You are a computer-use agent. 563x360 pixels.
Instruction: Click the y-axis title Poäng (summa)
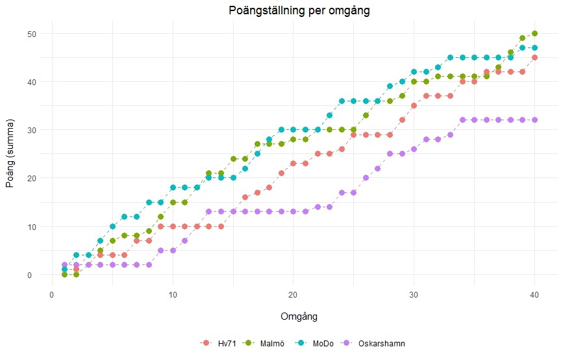tap(10, 154)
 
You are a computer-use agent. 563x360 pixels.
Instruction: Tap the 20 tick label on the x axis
tap(294, 292)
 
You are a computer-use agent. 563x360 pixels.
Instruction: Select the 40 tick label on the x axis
tap(534, 292)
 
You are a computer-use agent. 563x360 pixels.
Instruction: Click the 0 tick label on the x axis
tap(52, 292)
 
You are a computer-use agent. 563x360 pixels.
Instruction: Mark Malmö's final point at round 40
tap(534, 33)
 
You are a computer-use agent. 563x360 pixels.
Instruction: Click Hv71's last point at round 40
tap(534, 57)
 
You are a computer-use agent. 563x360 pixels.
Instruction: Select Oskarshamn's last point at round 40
tap(534, 120)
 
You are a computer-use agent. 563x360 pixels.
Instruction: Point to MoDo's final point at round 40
tap(534, 47)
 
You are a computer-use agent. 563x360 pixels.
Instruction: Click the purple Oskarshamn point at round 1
tap(64, 265)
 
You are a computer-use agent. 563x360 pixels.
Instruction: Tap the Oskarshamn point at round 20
tap(294, 212)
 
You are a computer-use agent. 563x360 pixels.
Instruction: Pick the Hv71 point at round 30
tap(414, 105)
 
